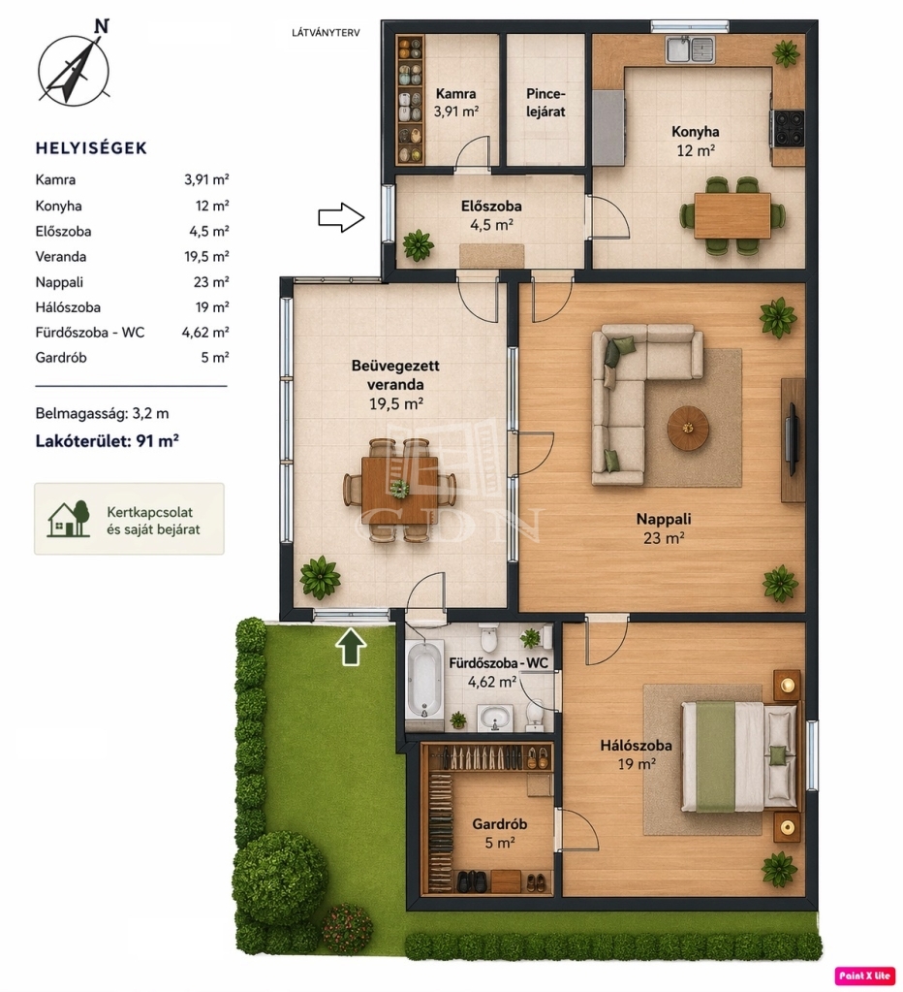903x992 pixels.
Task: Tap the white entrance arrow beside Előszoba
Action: (x=341, y=217)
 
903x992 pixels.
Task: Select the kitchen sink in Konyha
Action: (x=690, y=49)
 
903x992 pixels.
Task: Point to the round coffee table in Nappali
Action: (x=688, y=429)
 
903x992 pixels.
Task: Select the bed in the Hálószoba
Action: (x=740, y=757)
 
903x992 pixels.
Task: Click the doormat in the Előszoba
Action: (x=491, y=256)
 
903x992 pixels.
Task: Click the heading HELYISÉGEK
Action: (x=91, y=148)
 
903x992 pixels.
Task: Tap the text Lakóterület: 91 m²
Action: (x=107, y=440)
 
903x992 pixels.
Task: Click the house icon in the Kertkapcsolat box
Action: (x=68, y=519)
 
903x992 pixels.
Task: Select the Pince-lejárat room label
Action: (x=545, y=103)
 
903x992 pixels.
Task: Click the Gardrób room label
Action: (x=499, y=823)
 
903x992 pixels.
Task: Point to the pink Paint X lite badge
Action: (x=864, y=976)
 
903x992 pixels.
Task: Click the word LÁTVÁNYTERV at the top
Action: (x=326, y=33)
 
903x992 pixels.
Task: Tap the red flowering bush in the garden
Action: (x=347, y=928)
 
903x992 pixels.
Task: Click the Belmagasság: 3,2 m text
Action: (x=102, y=414)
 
